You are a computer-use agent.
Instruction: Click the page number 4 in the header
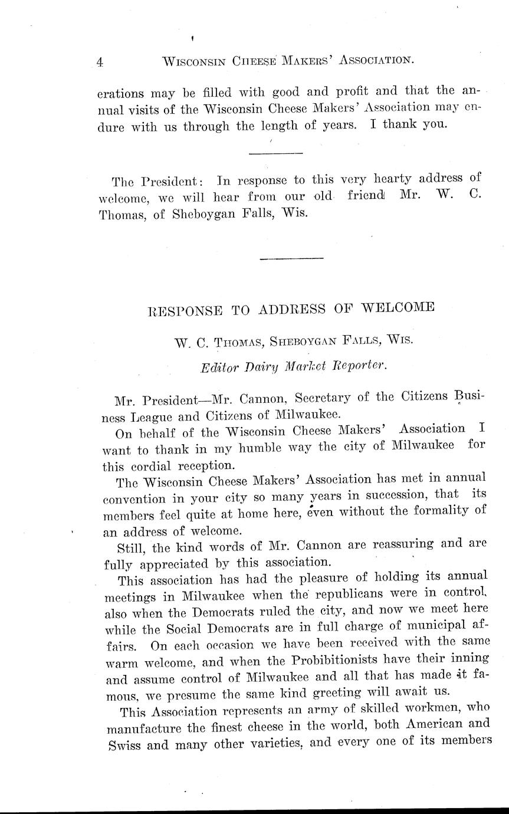coord(100,61)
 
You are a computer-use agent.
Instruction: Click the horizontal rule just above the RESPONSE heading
coord(291,258)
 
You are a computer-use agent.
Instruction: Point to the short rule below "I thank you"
coord(275,153)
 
